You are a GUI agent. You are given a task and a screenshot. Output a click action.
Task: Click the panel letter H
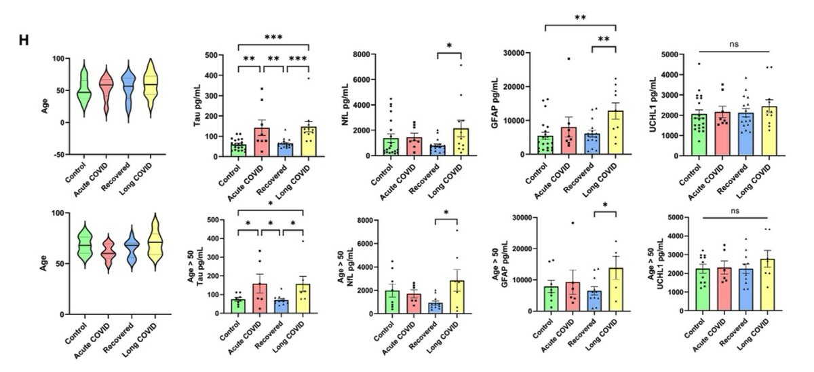[x=23, y=39]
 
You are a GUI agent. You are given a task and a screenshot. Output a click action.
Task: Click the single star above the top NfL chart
[x=449, y=46]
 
